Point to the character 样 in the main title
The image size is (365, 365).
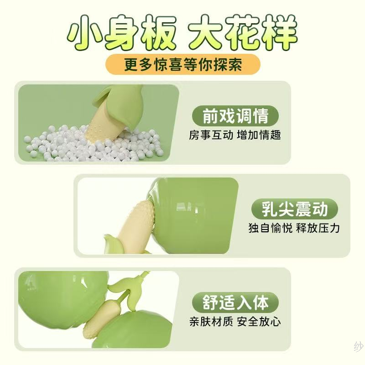[279, 32]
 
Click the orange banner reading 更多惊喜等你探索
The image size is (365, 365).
[183, 64]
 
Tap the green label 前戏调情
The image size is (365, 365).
[235, 116]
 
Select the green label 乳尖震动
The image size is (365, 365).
[294, 209]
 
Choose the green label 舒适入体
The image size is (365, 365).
[235, 302]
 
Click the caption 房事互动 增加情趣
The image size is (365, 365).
[235, 135]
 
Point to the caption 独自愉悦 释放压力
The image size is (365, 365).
[294, 228]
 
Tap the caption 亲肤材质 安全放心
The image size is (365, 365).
[235, 322]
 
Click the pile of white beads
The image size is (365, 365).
[93, 144]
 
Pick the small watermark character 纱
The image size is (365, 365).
[359, 347]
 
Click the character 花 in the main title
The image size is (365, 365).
[242, 32]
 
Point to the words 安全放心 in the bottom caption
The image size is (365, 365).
[259, 322]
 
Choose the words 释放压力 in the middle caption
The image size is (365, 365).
[318, 228]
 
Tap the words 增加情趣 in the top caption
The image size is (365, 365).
[259, 135]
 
